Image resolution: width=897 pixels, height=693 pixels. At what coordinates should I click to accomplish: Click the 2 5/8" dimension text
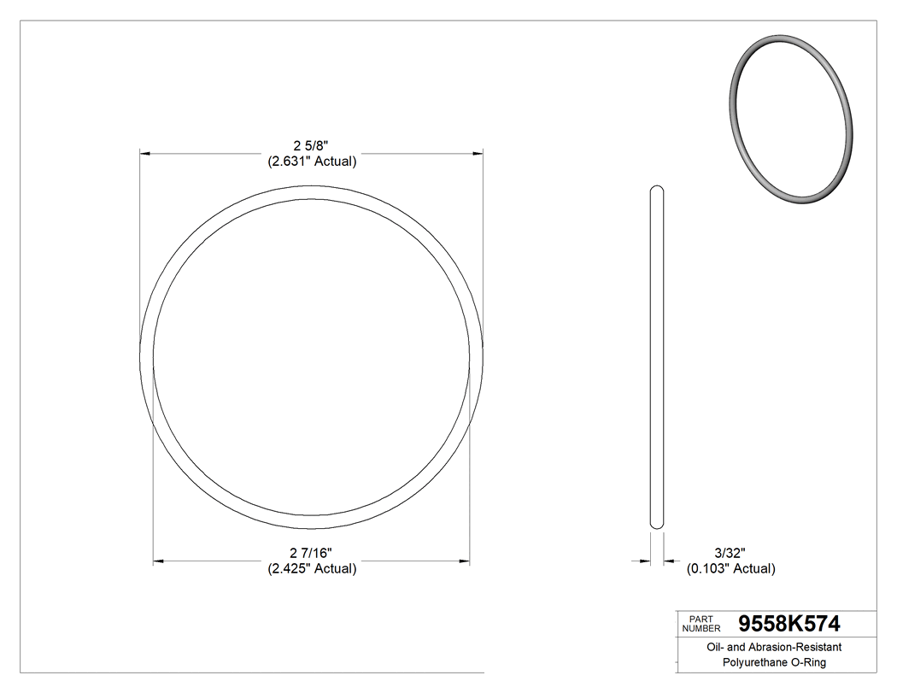(311, 146)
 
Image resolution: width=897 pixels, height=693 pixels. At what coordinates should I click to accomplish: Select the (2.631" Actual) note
(311, 162)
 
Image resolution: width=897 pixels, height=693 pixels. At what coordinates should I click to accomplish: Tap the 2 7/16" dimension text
(311, 553)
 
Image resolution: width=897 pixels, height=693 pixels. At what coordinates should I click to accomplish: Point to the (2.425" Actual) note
(311, 568)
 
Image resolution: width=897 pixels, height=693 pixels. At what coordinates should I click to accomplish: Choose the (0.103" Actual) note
(731, 568)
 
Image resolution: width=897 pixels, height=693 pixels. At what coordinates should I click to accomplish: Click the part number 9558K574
(785, 623)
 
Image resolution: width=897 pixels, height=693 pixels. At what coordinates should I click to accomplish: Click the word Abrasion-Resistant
(797, 648)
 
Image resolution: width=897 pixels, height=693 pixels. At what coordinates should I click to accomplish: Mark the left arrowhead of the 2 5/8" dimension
(145, 154)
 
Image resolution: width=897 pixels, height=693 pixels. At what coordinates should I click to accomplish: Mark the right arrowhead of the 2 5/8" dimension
(478, 154)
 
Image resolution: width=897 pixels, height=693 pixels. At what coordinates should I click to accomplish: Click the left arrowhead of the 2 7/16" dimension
(158, 561)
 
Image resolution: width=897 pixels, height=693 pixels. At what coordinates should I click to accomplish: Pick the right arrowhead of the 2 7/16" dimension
(465, 561)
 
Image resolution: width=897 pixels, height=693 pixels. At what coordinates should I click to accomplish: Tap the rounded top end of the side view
(657, 189)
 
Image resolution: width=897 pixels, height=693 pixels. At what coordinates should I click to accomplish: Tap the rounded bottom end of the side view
(657, 526)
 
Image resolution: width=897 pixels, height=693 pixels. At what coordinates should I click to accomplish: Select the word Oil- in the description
(718, 648)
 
